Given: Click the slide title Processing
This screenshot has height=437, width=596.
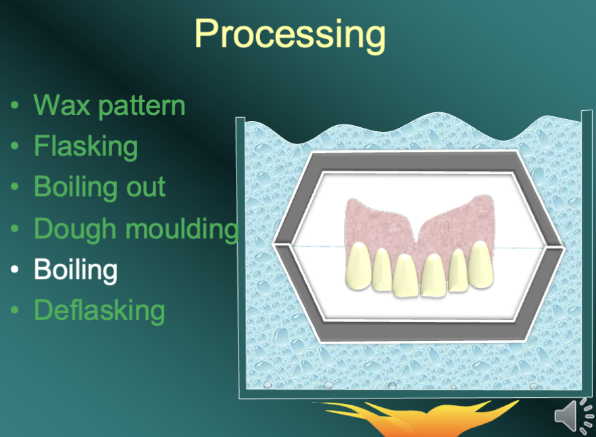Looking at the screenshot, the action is pyautogui.click(x=290, y=33).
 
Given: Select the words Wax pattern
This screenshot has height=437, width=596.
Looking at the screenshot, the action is pyautogui.click(x=109, y=106).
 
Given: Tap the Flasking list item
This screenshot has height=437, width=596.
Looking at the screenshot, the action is pyautogui.click(x=86, y=146).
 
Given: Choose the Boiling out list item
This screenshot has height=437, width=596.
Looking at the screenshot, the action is pyautogui.click(x=99, y=187).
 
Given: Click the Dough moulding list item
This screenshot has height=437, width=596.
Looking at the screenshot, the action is pyautogui.click(x=135, y=229).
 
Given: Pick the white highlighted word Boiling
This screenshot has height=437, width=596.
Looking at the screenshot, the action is pyautogui.click(x=76, y=270).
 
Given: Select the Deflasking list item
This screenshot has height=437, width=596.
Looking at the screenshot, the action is pyautogui.click(x=99, y=310).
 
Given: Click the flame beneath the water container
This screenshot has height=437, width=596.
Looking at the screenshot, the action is pyautogui.click(x=405, y=419).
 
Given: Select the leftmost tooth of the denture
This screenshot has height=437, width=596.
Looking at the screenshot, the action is pyautogui.click(x=359, y=264).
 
